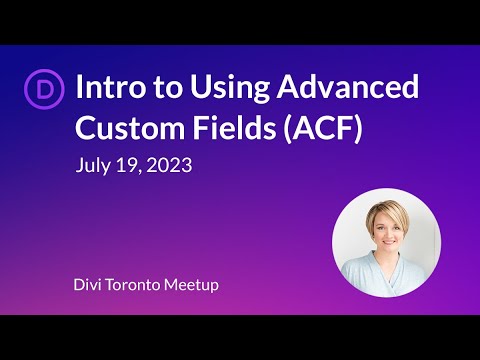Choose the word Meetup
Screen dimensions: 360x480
[x=194, y=286]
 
